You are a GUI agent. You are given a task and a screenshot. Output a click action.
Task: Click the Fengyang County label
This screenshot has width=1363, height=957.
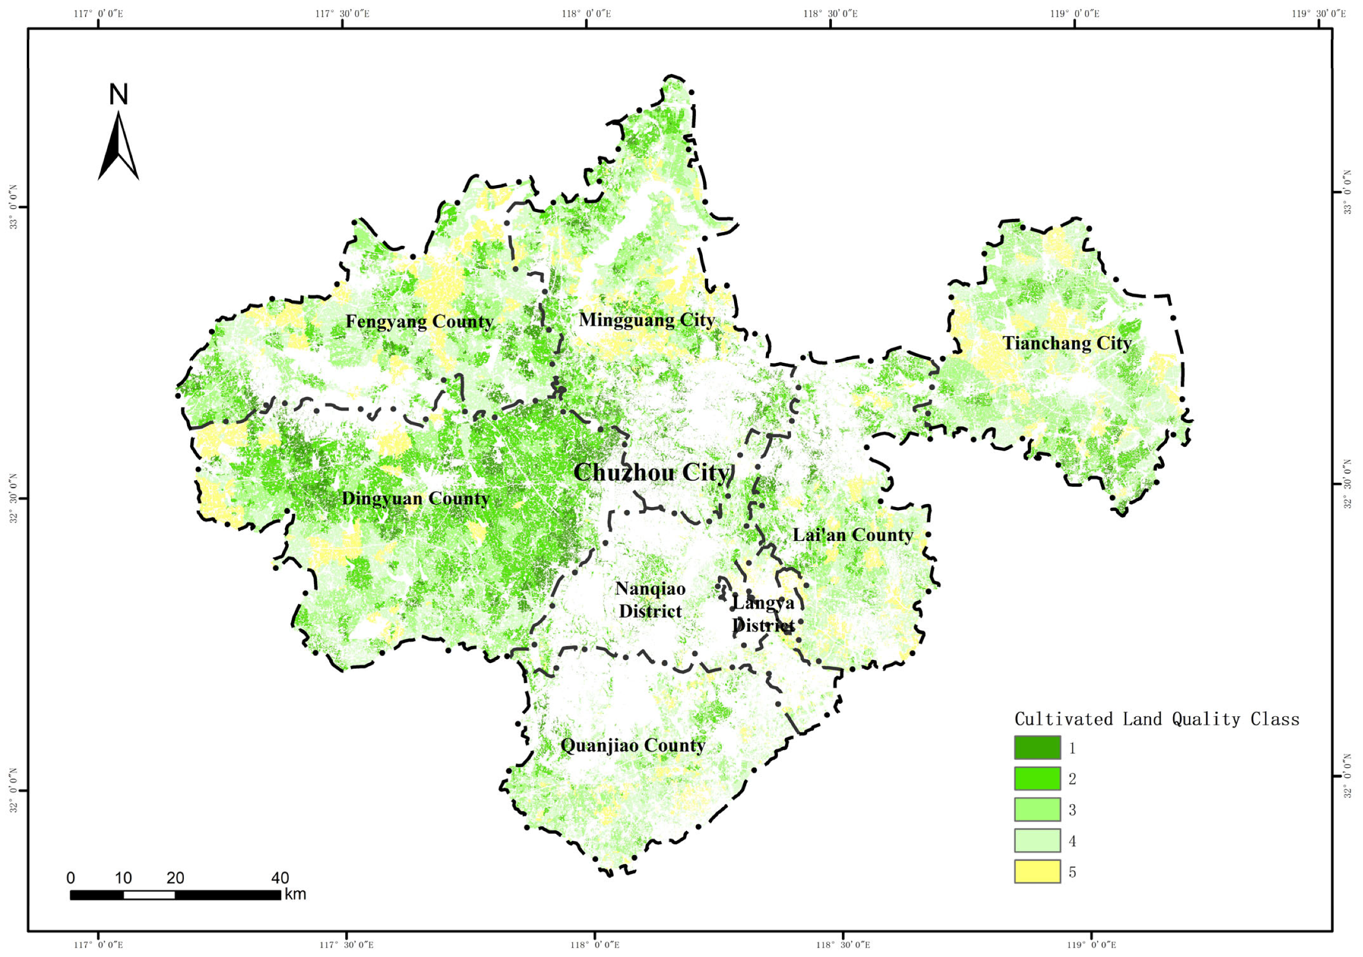(x=419, y=322)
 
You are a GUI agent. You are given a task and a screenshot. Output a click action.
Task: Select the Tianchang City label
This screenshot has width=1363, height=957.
(x=1067, y=343)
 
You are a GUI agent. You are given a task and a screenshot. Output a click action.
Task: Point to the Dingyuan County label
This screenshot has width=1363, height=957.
(x=415, y=499)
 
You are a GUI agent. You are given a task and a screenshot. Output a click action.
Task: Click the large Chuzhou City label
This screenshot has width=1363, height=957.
(x=651, y=473)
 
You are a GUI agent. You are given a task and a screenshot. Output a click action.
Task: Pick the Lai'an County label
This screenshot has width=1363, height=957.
(x=852, y=535)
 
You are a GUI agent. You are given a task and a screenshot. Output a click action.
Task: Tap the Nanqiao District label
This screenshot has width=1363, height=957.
(x=650, y=600)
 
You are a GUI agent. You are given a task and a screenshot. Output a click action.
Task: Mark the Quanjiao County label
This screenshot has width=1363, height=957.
(x=633, y=746)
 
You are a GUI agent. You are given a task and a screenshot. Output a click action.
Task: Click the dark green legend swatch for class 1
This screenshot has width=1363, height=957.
(x=1037, y=747)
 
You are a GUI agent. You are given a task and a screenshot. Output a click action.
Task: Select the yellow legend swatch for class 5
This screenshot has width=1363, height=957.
(x=1037, y=871)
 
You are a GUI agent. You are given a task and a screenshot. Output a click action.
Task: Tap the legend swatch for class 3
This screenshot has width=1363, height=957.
(x=1037, y=809)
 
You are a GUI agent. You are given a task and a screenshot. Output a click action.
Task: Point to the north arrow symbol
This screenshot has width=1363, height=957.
(x=118, y=146)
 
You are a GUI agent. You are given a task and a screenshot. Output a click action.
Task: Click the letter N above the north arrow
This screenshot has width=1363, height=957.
(x=119, y=95)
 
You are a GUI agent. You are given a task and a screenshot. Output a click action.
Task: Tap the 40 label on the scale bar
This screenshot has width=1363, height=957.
(x=280, y=878)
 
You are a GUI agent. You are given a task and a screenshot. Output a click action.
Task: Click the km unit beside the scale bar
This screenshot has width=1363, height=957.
(x=295, y=894)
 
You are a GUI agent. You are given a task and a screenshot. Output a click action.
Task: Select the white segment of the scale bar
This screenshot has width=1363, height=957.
(x=149, y=895)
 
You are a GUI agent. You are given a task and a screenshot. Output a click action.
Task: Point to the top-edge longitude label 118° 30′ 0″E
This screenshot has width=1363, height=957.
(x=830, y=14)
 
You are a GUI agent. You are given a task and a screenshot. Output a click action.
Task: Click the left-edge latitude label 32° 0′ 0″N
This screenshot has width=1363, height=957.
(x=13, y=790)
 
